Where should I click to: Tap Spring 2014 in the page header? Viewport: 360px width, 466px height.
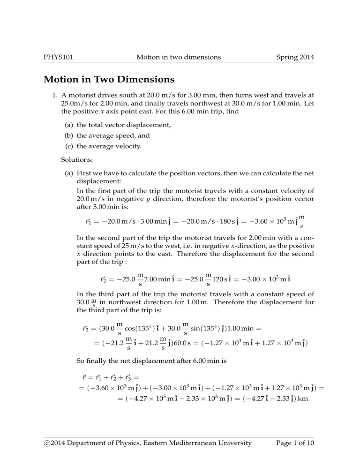pos(292,58)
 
